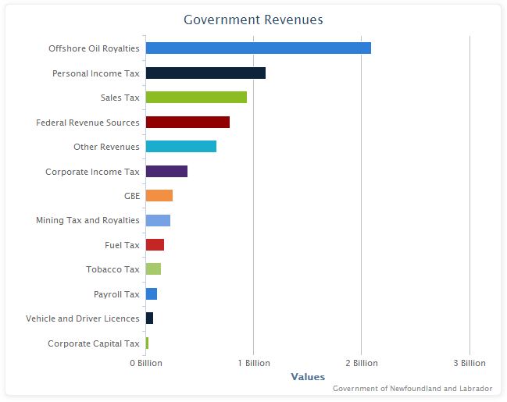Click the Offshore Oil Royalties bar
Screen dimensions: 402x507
click(258, 48)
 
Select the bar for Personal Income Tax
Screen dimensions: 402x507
click(205, 73)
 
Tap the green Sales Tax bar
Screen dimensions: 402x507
click(196, 98)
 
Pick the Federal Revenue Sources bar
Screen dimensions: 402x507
click(187, 123)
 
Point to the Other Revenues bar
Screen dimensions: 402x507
click(180, 147)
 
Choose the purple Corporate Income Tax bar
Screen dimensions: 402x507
click(166, 172)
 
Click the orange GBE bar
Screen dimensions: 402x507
click(159, 196)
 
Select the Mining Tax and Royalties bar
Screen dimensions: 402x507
click(158, 220)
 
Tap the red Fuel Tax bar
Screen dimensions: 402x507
click(155, 245)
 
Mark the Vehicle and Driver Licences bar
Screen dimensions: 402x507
click(149, 318)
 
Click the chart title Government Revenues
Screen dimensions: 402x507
click(253, 20)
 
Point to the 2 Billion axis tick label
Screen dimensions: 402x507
click(362, 363)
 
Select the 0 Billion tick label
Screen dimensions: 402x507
click(146, 363)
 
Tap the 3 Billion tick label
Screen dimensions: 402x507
click(470, 363)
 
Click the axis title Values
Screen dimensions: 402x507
click(308, 377)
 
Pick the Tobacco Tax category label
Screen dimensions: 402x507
click(112, 269)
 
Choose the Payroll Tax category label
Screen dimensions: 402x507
click(116, 294)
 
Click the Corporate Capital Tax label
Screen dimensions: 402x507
click(93, 343)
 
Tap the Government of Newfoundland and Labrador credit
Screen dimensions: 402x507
click(412, 389)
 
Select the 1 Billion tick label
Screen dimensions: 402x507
click(254, 363)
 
